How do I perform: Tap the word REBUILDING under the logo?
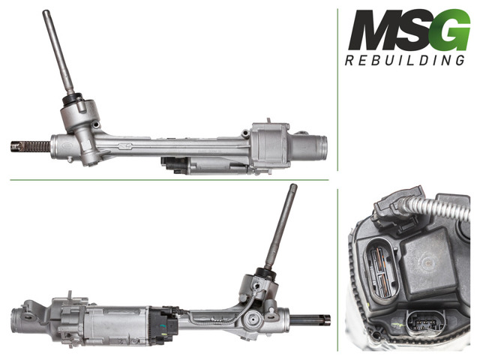[x=405, y=60]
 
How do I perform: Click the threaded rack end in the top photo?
[x=31, y=147]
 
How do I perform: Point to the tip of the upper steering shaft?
[x=46, y=12]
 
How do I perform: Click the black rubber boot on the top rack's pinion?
[x=72, y=98]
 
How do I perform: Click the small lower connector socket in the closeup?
[x=426, y=322]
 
